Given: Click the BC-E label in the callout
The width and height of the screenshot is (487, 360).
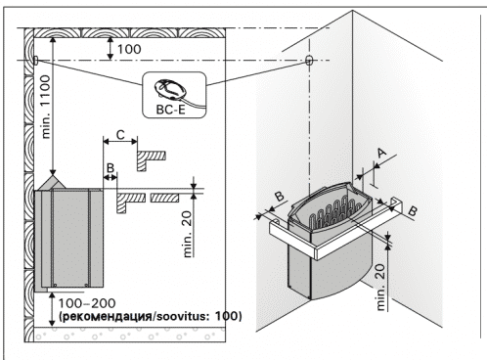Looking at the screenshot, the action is tap(170, 110).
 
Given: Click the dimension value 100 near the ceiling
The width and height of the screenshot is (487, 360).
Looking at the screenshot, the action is tap(129, 49).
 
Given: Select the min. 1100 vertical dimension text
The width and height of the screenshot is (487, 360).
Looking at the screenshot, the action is tap(46, 107).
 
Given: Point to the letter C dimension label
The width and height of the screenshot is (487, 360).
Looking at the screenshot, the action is tap(120, 134).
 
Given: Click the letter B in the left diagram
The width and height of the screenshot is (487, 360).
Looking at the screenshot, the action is tap(111, 168).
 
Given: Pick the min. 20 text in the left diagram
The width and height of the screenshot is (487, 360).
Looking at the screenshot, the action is tap(188, 234).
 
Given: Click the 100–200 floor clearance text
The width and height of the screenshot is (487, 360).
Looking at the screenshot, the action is tap(87, 303).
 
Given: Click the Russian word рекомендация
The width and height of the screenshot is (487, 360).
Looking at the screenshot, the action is tap(107, 316).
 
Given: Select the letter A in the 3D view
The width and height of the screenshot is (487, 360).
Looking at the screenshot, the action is tap(381, 153).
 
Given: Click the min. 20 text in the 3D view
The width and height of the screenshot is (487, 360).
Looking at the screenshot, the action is tap(380, 287).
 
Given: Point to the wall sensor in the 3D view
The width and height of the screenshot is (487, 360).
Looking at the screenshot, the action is tap(309, 60).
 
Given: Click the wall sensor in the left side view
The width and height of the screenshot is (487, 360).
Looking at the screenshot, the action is tap(36, 60).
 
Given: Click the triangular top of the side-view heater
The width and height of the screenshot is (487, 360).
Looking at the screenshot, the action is tap(52, 183).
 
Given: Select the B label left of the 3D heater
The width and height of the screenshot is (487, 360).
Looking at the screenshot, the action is tap(280, 197).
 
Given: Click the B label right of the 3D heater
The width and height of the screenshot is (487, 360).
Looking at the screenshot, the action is tap(412, 211).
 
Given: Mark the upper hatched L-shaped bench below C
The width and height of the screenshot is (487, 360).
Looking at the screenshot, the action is tap(151, 158).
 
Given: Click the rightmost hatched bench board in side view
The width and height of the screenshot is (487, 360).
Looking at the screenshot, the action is tap(164, 198).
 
